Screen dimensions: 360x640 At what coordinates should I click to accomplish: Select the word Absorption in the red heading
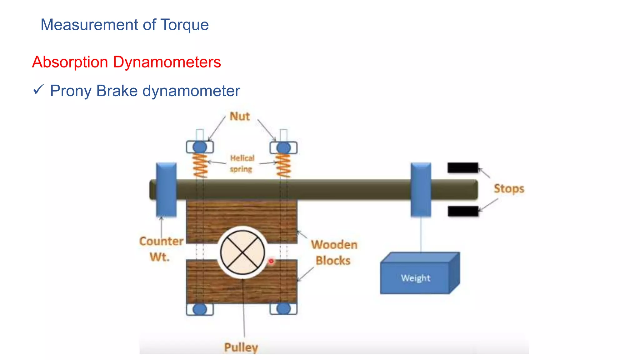[70, 62]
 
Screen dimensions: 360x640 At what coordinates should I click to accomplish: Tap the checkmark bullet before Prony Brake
[38, 90]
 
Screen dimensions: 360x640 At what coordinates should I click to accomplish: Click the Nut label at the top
[240, 116]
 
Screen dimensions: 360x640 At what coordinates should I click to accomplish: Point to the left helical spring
[200, 165]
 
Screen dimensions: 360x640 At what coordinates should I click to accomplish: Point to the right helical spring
[283, 165]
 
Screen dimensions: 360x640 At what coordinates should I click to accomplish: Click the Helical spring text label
[242, 163]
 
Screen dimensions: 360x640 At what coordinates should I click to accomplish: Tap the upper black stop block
[462, 168]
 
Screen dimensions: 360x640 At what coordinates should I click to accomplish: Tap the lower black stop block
[463, 211]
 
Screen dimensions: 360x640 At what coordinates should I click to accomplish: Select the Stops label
[509, 189]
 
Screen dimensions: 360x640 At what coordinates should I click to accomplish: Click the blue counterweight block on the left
[166, 189]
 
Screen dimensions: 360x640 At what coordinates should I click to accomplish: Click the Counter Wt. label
[161, 249]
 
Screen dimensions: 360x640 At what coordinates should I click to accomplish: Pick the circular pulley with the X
[242, 252]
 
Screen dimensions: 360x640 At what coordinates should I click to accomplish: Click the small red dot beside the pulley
[271, 261]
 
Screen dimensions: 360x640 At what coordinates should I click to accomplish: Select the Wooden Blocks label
[334, 252]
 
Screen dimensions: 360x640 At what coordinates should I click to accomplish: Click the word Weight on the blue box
[415, 278]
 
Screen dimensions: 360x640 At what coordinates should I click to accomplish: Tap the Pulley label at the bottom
[241, 347]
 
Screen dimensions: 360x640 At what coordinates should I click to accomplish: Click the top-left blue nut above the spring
[200, 147]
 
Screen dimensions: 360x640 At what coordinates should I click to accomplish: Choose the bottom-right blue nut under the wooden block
[283, 309]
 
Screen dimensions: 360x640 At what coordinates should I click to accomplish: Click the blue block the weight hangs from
[421, 189]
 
